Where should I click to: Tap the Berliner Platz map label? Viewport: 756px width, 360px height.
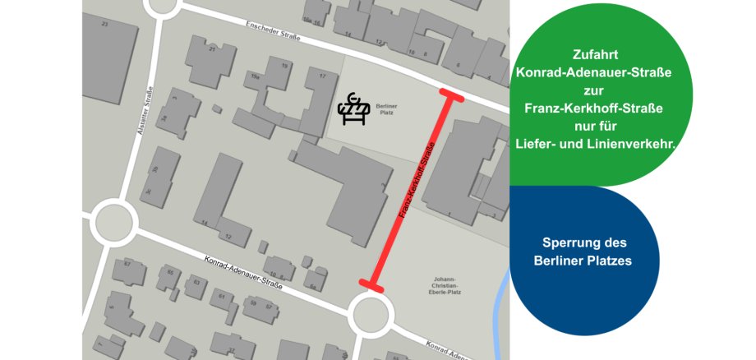[385, 109]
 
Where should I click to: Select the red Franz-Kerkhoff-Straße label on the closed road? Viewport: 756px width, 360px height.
[416, 181]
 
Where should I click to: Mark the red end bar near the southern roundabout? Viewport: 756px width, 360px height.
[371, 285]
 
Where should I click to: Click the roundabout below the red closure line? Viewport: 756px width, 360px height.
[371, 313]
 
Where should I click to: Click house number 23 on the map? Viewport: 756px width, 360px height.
[104, 25]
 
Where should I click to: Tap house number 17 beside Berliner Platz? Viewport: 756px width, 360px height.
[323, 76]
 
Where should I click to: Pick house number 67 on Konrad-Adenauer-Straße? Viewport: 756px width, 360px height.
[128, 264]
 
